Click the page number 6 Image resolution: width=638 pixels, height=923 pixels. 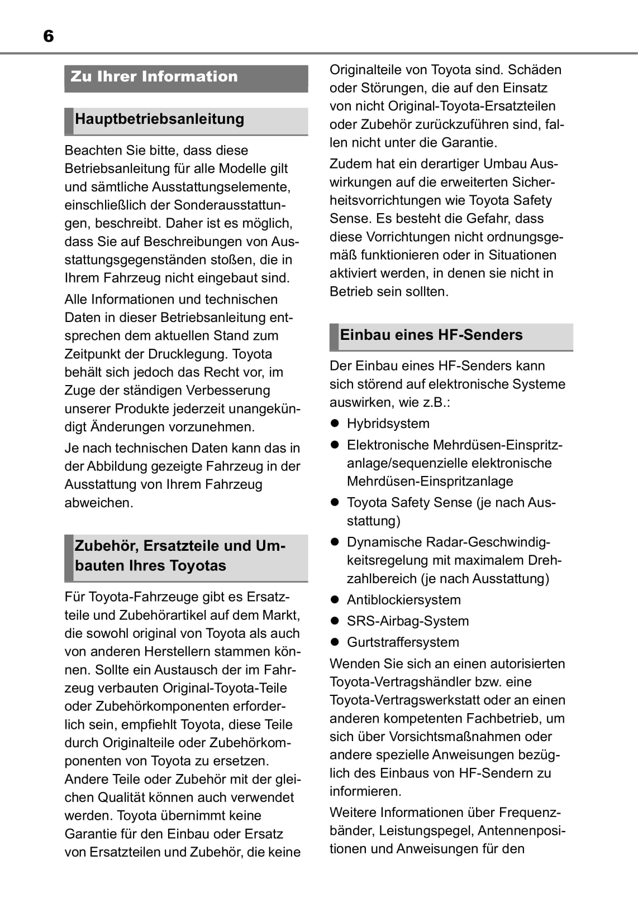pos(48,37)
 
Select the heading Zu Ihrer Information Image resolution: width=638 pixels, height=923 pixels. pos(154,76)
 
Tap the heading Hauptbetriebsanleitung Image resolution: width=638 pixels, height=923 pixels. pos(159,119)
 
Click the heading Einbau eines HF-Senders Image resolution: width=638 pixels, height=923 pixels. pos(431,335)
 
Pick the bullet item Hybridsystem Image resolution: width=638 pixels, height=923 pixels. pos(388,424)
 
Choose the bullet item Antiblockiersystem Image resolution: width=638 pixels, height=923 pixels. pos(403,600)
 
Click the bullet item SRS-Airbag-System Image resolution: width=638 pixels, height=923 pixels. pos(407,621)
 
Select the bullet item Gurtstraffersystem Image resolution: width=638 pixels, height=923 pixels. pos(403,642)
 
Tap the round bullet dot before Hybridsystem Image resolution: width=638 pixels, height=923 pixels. pos(335,424)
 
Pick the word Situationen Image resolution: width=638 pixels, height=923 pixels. pos(522,256)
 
